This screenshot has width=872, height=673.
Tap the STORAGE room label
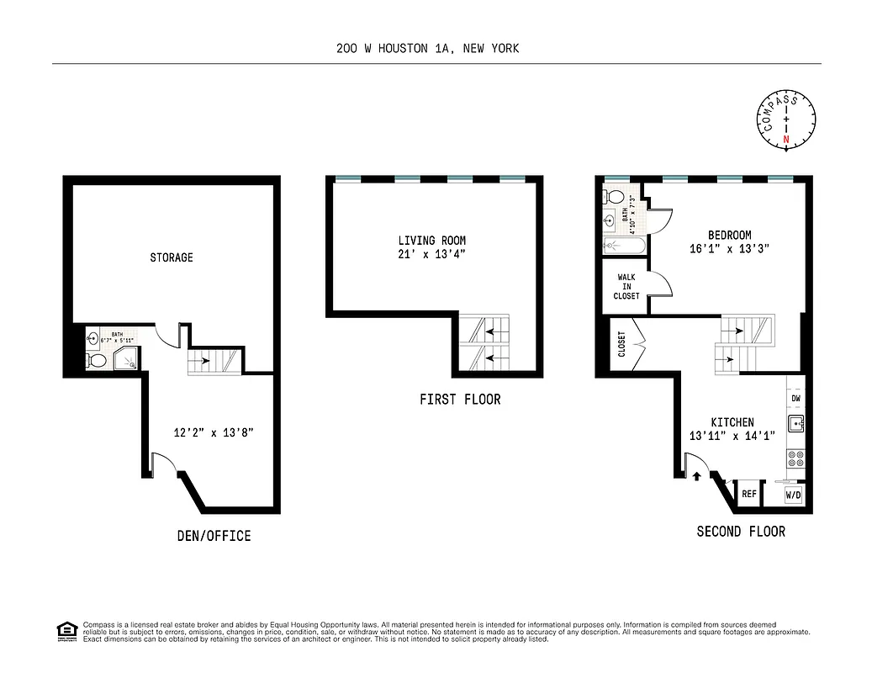pyautogui.click(x=172, y=257)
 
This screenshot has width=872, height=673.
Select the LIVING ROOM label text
pyautogui.click(x=431, y=241)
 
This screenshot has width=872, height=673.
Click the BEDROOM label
pyautogui.click(x=729, y=236)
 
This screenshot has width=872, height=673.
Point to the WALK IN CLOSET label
pyautogui.click(x=627, y=286)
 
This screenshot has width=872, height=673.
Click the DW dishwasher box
pyautogui.click(x=795, y=399)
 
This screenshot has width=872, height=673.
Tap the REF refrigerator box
pyautogui.click(x=748, y=495)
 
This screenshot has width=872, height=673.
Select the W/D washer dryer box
pyautogui.click(x=794, y=495)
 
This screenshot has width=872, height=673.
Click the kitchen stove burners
pyautogui.click(x=795, y=458)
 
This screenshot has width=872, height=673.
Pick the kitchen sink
pyautogui.click(x=795, y=424)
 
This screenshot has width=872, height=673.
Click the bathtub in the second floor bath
pyautogui.click(x=623, y=246)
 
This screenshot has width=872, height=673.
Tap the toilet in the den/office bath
pyautogui.click(x=97, y=361)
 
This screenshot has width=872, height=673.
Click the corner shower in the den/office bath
pyautogui.click(x=128, y=358)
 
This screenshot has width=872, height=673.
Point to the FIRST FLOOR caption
pyautogui.click(x=460, y=399)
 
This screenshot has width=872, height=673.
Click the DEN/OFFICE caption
pyautogui.click(x=214, y=536)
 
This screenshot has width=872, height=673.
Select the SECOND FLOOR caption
pyautogui.click(x=741, y=532)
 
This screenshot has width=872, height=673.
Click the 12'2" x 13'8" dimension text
pyautogui.click(x=214, y=432)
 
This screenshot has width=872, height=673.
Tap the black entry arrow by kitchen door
pyautogui.click(x=697, y=477)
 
